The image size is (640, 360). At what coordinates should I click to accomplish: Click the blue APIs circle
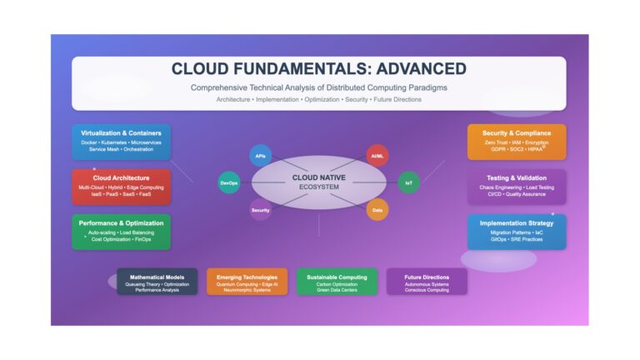[260, 156]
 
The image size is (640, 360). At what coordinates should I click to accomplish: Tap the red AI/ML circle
[377, 156]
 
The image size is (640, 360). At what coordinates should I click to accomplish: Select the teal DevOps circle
[229, 182]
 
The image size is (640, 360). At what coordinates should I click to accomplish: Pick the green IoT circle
[408, 182]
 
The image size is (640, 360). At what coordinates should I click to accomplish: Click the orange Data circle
[377, 210]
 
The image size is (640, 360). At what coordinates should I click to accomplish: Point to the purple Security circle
[260, 210]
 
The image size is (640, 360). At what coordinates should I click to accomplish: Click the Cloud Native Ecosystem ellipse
[319, 182]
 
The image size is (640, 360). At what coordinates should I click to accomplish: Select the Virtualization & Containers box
[121, 142]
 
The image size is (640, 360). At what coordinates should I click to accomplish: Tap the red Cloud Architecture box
[121, 187]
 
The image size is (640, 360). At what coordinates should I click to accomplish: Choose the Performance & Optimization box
[121, 232]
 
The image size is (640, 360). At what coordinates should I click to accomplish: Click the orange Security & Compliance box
[517, 142]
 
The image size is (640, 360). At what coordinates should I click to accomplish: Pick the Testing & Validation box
[517, 187]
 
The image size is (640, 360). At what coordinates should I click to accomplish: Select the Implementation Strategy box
[517, 232]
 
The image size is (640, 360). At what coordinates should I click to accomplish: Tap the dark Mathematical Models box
[157, 281]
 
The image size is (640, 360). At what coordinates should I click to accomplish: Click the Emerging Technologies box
[247, 281]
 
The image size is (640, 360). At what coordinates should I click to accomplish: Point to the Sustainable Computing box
[337, 281]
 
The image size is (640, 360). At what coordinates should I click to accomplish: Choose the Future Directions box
[427, 281]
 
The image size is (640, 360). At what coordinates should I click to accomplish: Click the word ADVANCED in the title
[421, 69]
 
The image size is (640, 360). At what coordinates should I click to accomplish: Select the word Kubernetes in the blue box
[114, 142]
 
